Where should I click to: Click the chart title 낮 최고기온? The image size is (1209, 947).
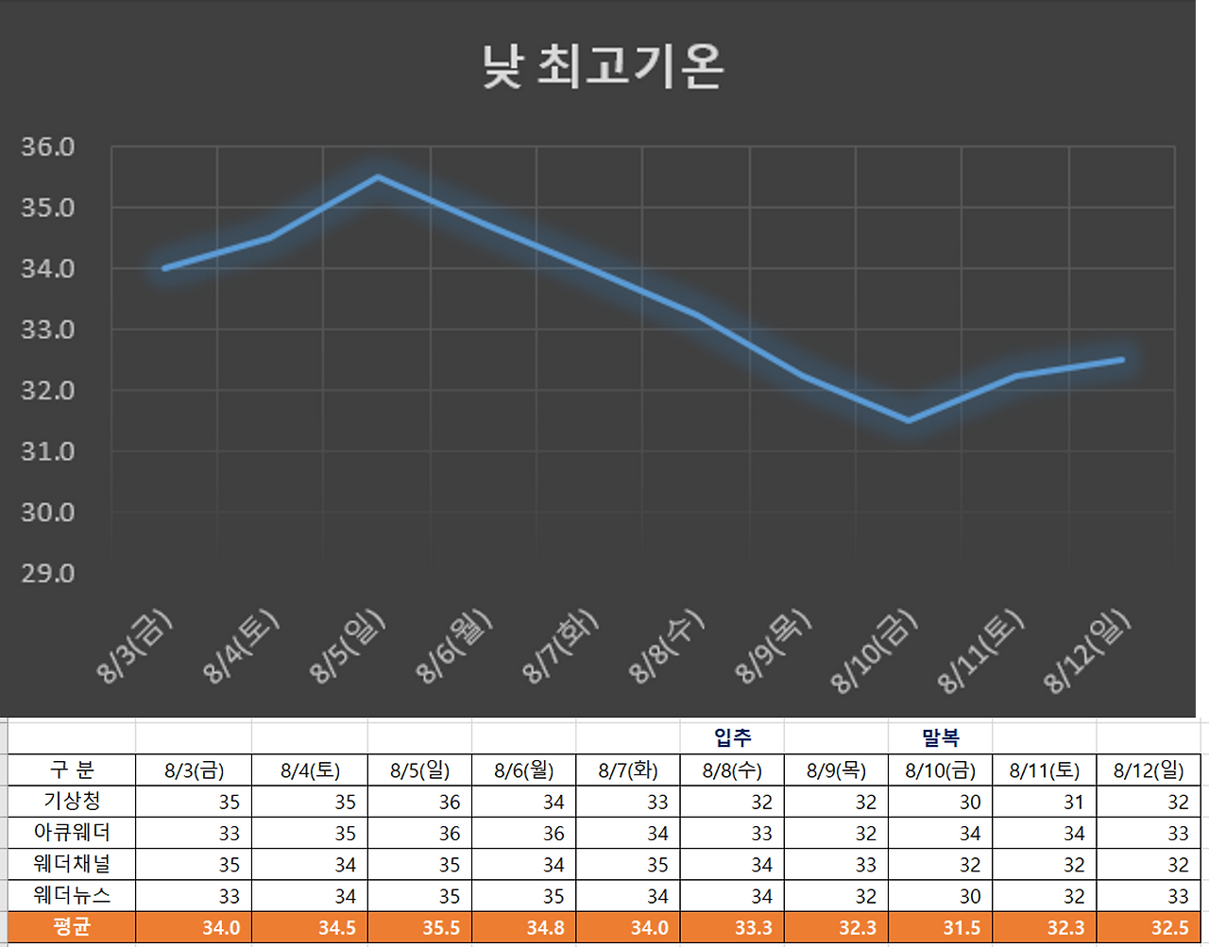pos(603,66)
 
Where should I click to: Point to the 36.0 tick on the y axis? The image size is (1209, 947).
pos(48,147)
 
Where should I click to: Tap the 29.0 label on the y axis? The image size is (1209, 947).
pos(48,573)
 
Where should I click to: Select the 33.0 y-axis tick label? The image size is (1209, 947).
pos(48,330)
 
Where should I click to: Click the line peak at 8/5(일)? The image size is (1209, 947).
pos(378,177)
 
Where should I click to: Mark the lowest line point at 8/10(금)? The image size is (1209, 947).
pos(909,420)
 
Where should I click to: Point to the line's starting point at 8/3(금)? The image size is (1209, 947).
pos(165,268)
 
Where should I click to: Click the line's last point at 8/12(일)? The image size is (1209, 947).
pos(1121,360)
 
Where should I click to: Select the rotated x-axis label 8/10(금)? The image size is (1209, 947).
pos(874,651)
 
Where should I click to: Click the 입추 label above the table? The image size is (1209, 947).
pos(732,737)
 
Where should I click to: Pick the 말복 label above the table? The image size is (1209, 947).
pos(941,737)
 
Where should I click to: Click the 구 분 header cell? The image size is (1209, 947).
pos(72,769)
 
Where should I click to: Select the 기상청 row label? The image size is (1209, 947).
pos(72,801)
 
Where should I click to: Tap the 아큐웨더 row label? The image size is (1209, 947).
pos(72,833)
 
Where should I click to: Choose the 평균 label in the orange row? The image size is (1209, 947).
pos(72,927)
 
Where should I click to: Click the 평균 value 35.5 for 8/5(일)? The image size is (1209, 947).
pos(441,928)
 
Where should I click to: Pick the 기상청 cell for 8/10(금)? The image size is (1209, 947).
pos(969,802)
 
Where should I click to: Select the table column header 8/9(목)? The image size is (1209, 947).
pos(836,769)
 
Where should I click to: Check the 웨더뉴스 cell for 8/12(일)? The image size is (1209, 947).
pos(1177,896)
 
